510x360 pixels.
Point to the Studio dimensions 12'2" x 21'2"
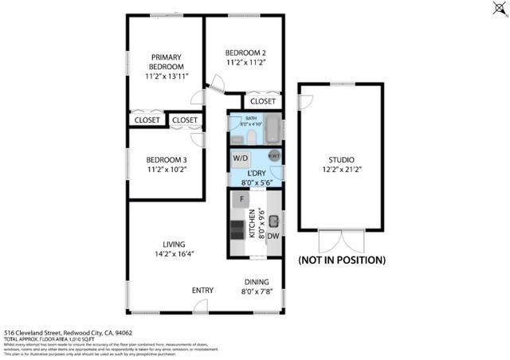point(341,170)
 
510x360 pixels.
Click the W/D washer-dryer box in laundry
point(241,158)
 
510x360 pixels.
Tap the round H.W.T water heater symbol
point(275,156)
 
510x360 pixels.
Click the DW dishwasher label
point(273,236)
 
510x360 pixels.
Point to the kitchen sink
point(273,220)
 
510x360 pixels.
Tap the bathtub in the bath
point(272,130)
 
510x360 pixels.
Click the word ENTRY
point(202,290)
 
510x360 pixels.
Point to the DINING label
point(257,282)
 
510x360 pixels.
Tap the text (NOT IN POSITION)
point(341,260)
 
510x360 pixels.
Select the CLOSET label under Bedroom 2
point(262,101)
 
